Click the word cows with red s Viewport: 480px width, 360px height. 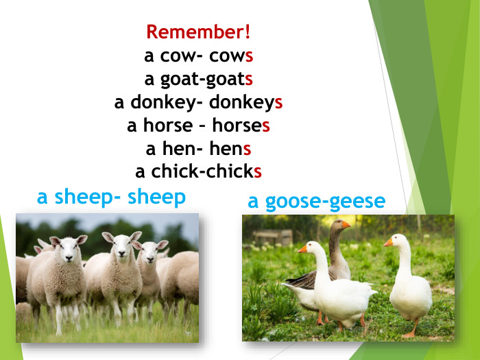coord(232,56)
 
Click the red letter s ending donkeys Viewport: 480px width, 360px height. coord(279,103)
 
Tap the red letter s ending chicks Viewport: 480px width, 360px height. coord(258,171)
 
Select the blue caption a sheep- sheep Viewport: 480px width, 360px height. coord(111,197)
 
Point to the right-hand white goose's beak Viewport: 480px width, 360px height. coord(388,242)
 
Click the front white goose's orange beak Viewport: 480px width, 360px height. coord(302,249)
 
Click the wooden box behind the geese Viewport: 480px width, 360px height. coord(272,237)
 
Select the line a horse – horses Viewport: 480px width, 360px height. coord(198,126)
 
